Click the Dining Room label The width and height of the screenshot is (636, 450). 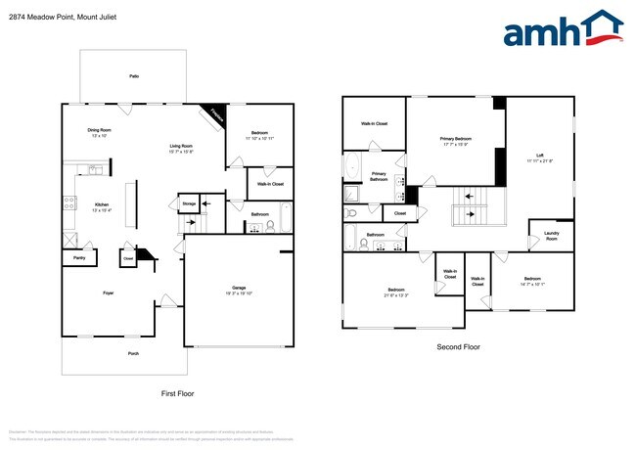click(99, 132)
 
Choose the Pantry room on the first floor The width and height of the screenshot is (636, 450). click(77, 258)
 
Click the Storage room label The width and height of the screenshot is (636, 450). click(188, 203)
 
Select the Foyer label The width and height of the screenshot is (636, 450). click(109, 292)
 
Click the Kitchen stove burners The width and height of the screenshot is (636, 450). click(69, 203)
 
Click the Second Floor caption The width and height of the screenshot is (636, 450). click(458, 347)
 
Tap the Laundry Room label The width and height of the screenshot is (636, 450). click(551, 237)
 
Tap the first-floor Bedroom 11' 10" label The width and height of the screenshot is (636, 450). click(259, 135)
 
